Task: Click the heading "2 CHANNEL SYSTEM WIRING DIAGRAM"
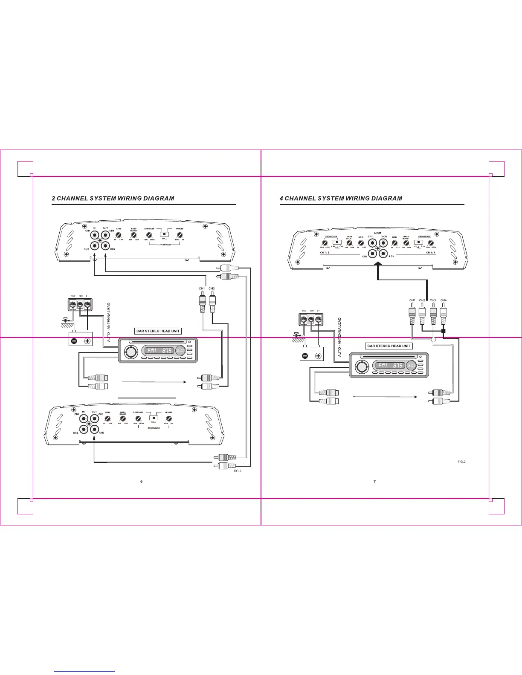113,198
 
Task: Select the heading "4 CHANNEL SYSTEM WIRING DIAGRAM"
341,198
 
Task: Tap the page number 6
142,482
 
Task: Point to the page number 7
374,482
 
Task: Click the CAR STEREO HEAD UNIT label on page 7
389,346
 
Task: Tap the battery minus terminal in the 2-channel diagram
74,341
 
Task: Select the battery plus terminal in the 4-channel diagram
318,356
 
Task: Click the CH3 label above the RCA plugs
433,300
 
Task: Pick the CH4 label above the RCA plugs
444,300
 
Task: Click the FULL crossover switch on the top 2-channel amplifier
164,234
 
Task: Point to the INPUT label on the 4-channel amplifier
377,233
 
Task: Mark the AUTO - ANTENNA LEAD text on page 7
340,337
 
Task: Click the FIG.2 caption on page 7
461,462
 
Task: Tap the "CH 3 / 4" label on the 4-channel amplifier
431,253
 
